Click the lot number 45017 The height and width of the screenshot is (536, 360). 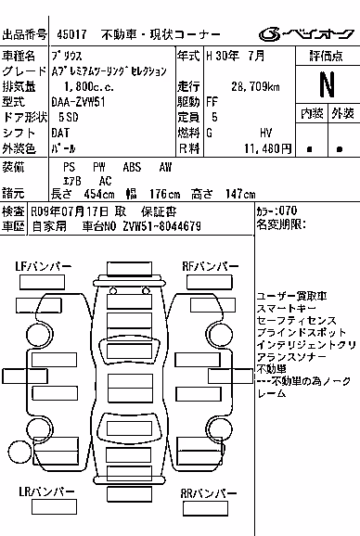71,34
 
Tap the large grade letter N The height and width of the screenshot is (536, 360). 327,84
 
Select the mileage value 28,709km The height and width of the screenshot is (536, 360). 255,86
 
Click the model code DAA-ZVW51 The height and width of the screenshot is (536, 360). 78,102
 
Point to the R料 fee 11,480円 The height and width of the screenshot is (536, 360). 268,148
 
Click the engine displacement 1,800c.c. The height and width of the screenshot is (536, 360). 89,87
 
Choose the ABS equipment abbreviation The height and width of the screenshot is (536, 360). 132,167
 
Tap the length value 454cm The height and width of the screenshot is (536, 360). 99,194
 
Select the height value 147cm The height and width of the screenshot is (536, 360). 240,194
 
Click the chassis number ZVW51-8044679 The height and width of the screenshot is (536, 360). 162,226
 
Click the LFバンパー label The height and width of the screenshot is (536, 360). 44,266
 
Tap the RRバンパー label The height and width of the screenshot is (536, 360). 209,493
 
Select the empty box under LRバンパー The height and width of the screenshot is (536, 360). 54,506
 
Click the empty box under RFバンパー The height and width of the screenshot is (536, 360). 210,282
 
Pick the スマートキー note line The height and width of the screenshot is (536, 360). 286,308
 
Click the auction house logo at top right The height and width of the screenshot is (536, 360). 306,34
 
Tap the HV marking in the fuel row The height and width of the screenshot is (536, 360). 265,133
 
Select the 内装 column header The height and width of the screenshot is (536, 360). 312,113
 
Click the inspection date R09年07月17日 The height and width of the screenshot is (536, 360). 70,211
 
